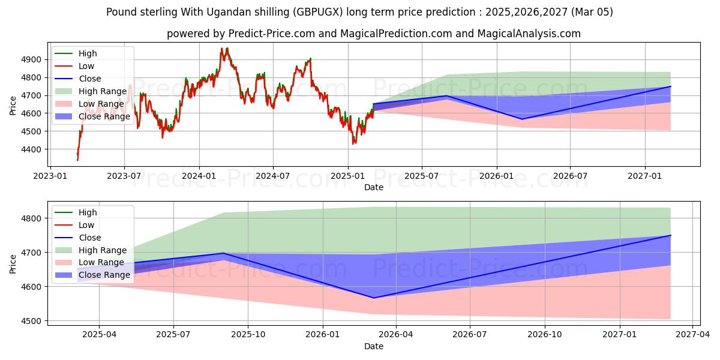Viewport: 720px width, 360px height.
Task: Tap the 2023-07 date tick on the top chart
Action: [x=124, y=175]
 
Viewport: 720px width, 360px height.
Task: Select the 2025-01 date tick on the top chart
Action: [x=348, y=175]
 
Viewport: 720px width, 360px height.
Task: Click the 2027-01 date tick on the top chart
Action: [x=645, y=175]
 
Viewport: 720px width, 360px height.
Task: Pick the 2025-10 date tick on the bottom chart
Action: [x=248, y=334]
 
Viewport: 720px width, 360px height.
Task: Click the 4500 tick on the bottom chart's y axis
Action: [x=33, y=321]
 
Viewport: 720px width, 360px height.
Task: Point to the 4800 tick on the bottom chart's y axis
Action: [x=33, y=218]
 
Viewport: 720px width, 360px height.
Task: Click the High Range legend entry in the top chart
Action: [x=103, y=91]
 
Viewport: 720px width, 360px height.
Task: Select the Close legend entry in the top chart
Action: [x=90, y=79]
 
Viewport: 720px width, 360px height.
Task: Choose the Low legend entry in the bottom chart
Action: [x=86, y=225]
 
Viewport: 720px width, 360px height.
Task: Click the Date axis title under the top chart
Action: [x=374, y=187]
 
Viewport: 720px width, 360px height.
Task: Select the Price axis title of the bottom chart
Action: [x=13, y=263]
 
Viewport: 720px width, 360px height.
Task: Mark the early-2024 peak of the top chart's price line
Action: [x=222, y=49]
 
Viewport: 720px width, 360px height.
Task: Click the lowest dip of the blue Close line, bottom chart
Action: [x=373, y=298]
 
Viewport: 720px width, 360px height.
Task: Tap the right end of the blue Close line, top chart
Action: [x=670, y=86]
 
